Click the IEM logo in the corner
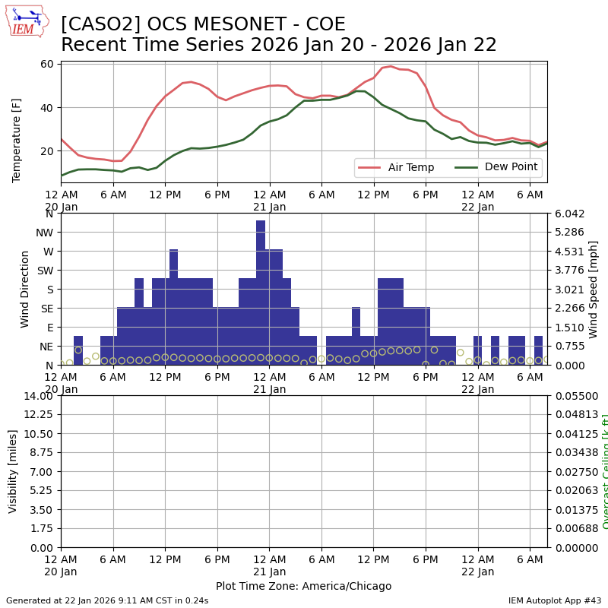click(x=27, y=21)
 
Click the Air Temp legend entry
click(x=395, y=167)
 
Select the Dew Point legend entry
click(x=496, y=167)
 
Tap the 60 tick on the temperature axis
click(x=46, y=64)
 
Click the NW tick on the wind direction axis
click(x=44, y=233)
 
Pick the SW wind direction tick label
click(x=44, y=271)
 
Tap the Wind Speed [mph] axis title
click(x=594, y=289)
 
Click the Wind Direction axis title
click(x=25, y=289)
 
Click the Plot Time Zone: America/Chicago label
click(x=303, y=586)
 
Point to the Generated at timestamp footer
click(x=107, y=600)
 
